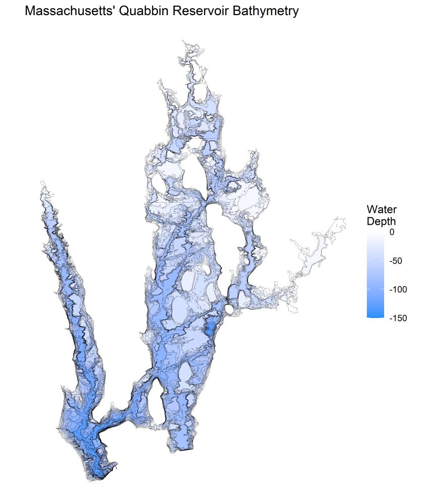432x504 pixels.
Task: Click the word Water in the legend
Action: [382, 209]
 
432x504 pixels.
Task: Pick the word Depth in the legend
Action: [381, 221]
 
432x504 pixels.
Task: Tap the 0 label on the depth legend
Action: [393, 233]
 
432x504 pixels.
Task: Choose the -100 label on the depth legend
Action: [399, 289]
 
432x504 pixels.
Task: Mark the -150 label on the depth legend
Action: [399, 318]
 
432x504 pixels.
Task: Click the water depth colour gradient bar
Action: [376, 275]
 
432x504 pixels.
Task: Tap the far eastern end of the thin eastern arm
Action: [345, 220]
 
